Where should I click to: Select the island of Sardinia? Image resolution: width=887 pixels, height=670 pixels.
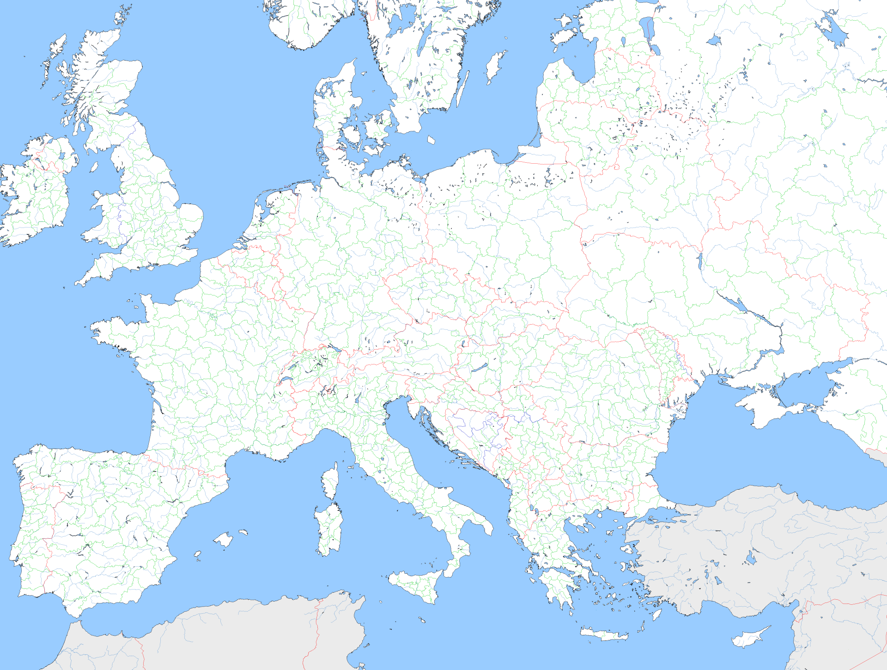(329, 529)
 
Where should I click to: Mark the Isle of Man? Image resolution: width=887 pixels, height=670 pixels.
(94, 166)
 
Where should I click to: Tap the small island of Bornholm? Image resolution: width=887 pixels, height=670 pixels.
(431, 140)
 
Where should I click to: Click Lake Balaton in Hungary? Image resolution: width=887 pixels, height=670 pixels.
(480, 368)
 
